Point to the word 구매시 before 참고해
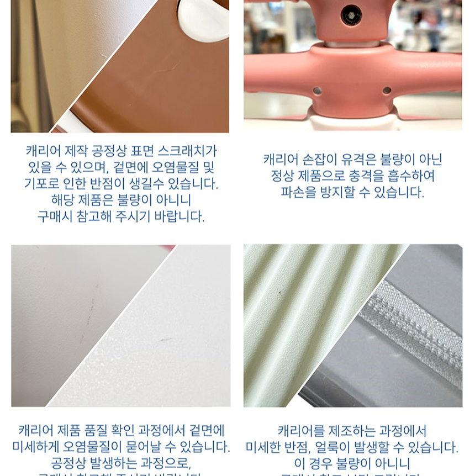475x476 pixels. pos(54,216)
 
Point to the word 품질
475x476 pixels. pos(99,430)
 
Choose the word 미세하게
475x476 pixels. pos(36,447)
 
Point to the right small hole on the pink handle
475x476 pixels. pos(387,90)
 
